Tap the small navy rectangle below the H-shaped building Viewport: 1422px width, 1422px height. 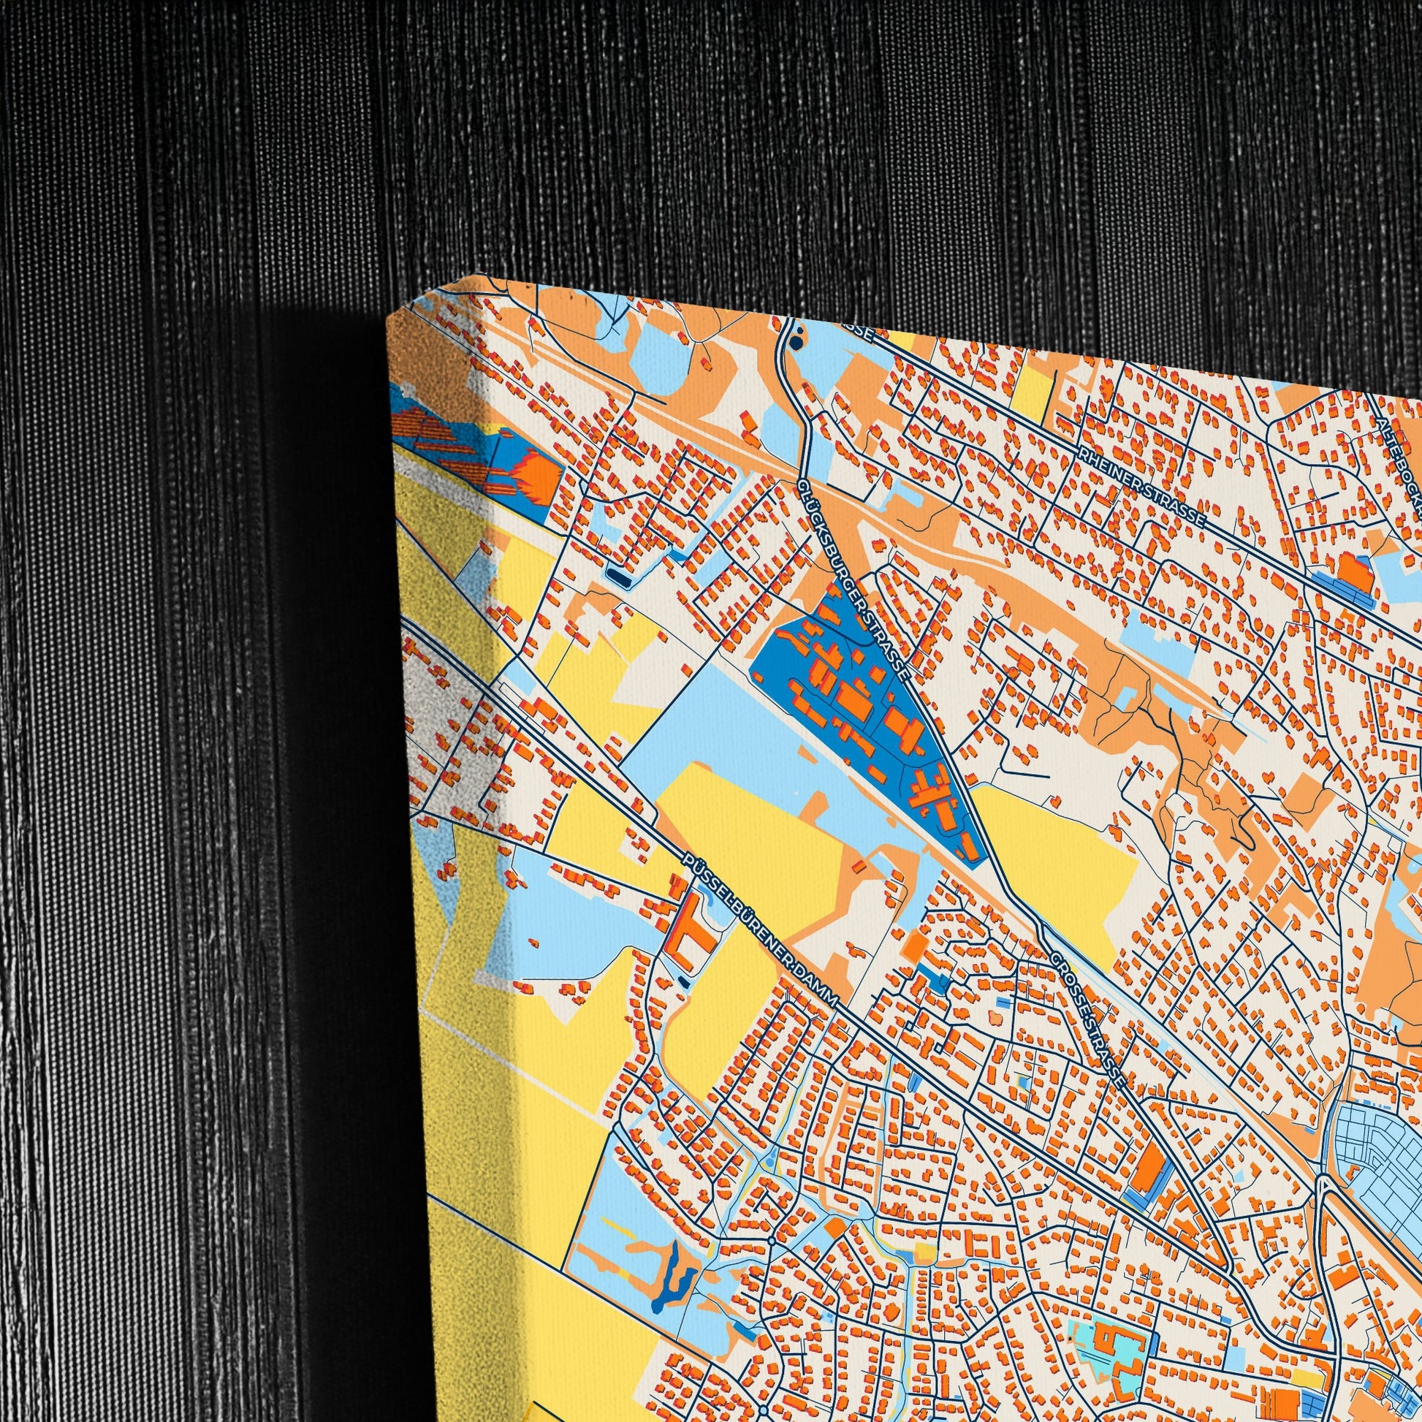point(684,982)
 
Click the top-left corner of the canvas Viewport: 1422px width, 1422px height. point(389,318)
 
